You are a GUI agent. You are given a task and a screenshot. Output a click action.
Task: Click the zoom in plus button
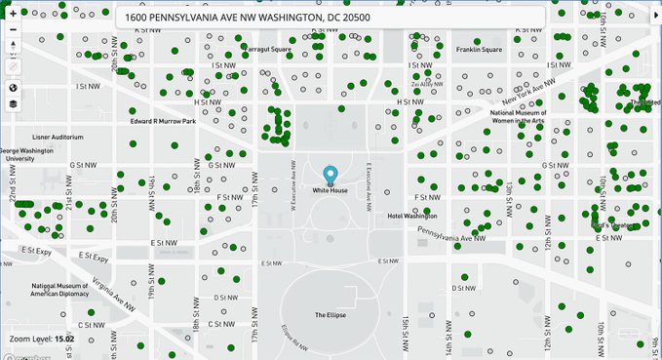13,15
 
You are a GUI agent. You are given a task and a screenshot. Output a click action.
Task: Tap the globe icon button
13,87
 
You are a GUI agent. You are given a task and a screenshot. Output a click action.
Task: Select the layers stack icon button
13,103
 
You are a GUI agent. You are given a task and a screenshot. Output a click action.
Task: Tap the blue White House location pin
330,176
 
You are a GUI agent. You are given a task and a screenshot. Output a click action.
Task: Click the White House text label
330,190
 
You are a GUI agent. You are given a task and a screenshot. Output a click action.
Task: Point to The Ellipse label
330,315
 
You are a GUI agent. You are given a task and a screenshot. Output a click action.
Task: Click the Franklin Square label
479,49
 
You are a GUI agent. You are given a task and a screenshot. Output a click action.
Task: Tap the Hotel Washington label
412,216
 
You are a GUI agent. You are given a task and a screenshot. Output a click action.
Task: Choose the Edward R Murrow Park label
164,122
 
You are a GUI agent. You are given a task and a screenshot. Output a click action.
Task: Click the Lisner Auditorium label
58,138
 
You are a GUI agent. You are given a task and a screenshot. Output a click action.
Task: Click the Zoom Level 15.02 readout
42,339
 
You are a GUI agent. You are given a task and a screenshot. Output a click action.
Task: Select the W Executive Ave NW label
292,184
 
